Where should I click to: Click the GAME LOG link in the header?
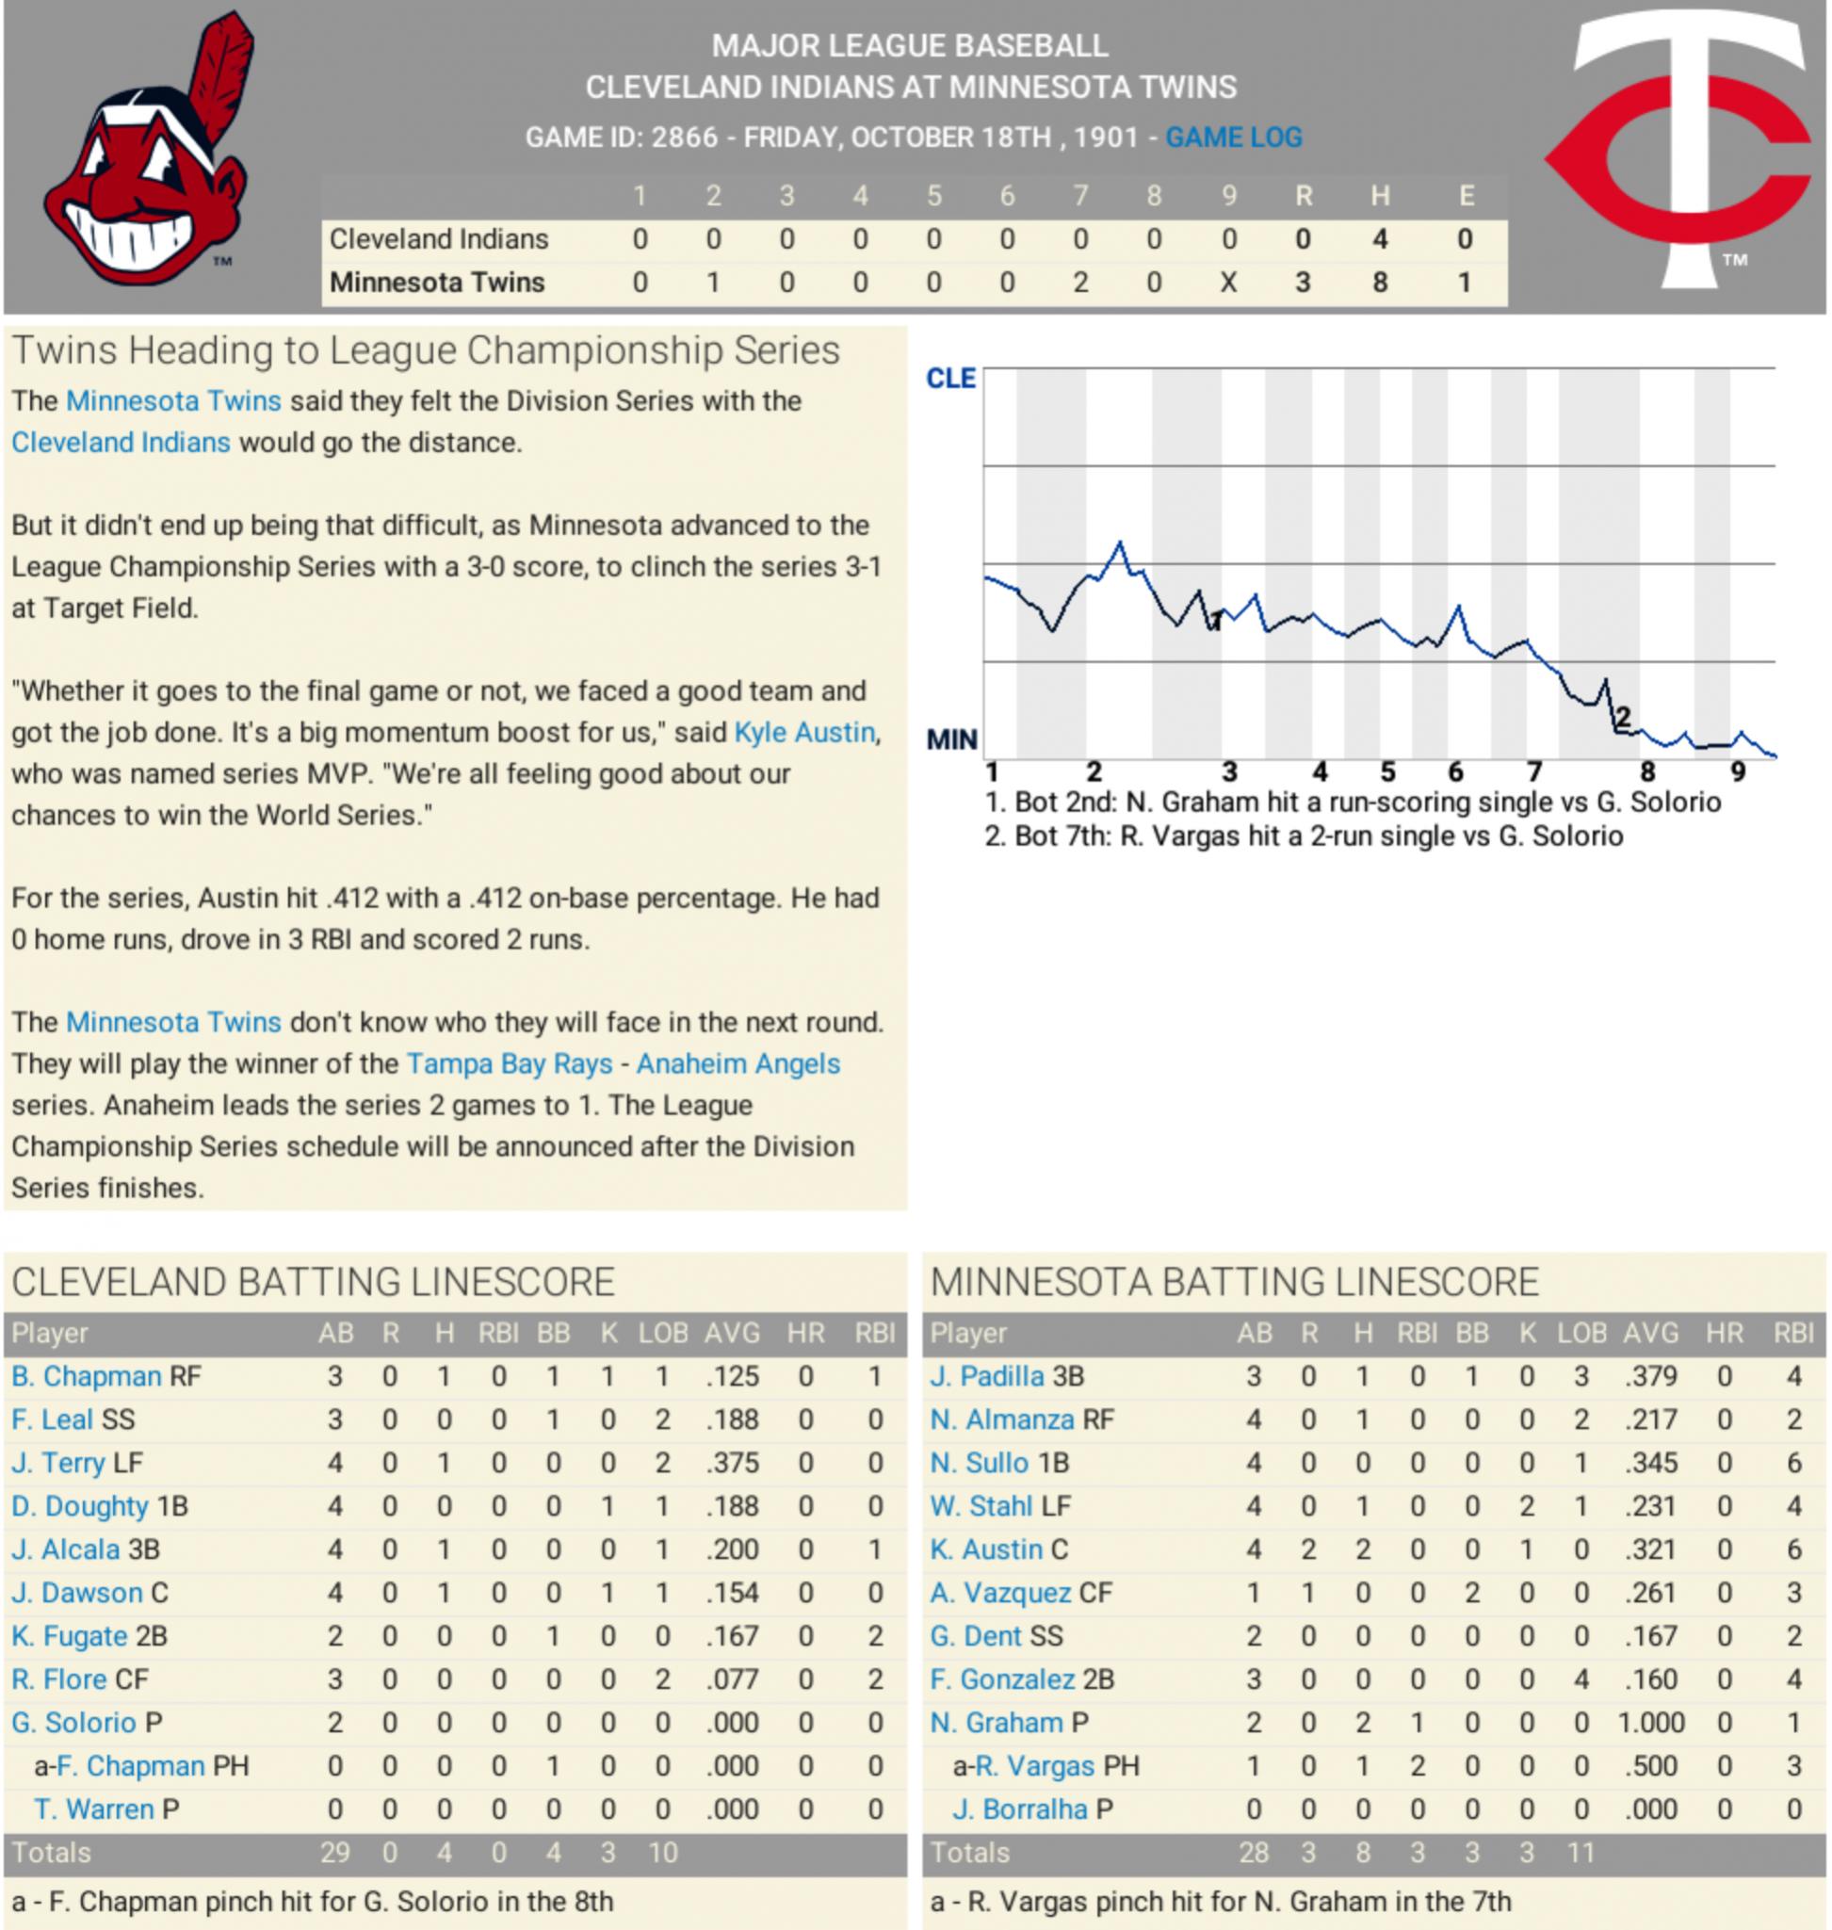[1232, 138]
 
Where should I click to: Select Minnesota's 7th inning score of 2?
[1080, 284]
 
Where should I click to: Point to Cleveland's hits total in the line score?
[1379, 239]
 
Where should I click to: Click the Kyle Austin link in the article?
[804, 733]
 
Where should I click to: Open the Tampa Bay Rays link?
[510, 1063]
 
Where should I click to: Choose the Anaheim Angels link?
[738, 1063]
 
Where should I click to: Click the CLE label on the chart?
[950, 379]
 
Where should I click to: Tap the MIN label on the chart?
[951, 739]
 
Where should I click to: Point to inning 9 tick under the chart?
[1737, 772]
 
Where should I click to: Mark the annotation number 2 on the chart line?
[1622, 718]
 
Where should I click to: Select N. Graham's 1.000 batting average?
[1650, 1722]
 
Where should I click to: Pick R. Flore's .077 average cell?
[732, 1679]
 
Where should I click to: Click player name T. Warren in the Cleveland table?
[94, 1808]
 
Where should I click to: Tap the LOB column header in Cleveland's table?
[663, 1333]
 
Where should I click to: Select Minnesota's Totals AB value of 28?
[1253, 1853]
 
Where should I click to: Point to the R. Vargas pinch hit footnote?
[1221, 1902]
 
